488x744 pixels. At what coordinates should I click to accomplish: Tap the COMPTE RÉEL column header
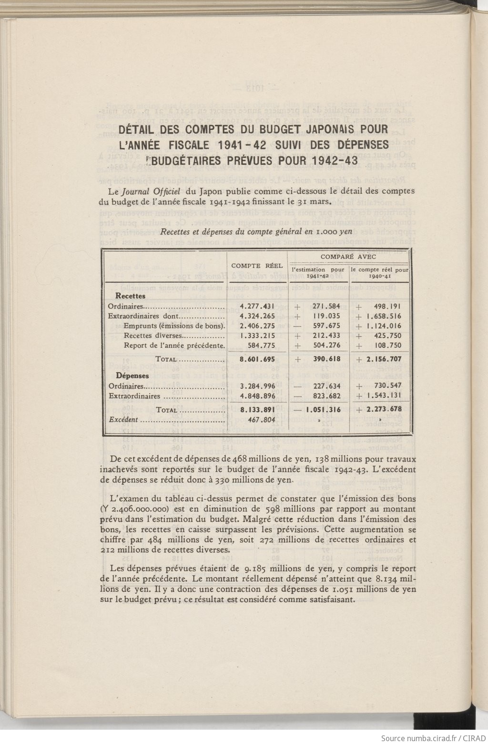coord(257,266)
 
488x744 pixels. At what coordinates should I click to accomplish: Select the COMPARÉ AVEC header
coord(348,257)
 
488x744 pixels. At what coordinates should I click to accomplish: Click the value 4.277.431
coord(257,307)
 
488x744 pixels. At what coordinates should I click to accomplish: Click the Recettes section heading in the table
coord(130,296)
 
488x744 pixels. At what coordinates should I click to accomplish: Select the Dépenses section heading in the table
coord(132,376)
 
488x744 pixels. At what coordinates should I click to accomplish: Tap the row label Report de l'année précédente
coord(174,346)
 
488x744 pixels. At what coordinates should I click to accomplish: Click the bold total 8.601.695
coord(257,359)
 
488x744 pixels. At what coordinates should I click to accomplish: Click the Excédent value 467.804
coord(261,420)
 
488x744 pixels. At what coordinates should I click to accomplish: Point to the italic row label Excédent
coord(123,420)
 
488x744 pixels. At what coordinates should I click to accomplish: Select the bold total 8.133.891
coord(257,409)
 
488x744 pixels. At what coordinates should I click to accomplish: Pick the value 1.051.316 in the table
coord(323,409)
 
